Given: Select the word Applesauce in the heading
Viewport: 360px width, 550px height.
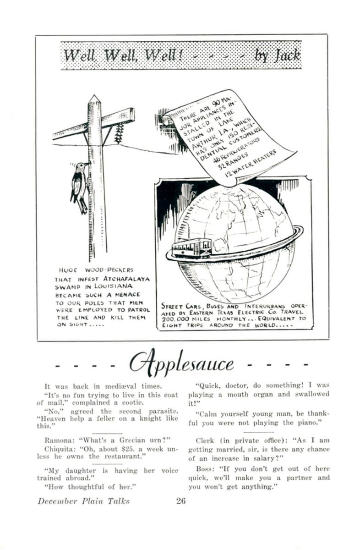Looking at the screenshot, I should pyautogui.click(x=181, y=363).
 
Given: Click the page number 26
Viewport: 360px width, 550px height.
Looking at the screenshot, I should pyautogui.click(x=180, y=501).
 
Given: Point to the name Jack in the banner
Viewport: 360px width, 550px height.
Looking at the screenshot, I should pyautogui.click(x=287, y=55).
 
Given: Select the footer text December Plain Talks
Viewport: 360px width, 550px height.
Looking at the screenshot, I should pyautogui.click(x=84, y=501).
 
